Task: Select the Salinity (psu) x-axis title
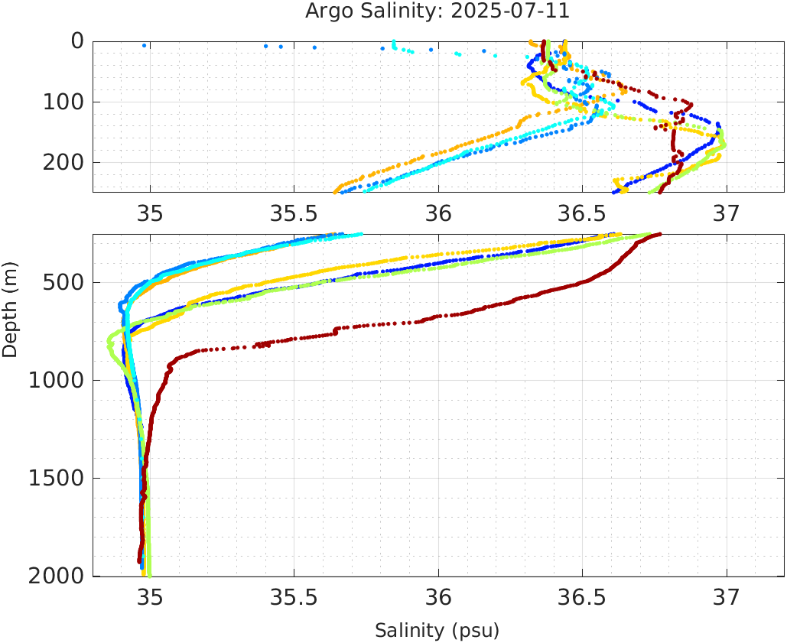[437, 631]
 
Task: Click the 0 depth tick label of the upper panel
[77, 41]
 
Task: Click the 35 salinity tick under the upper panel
[150, 215]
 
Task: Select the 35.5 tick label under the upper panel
[294, 215]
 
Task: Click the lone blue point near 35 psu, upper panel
[144, 46]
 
